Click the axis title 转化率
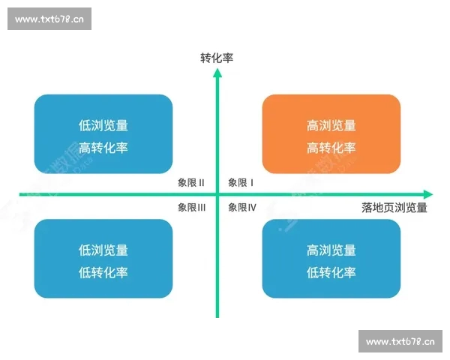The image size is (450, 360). (217, 57)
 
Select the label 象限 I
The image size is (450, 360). (241, 182)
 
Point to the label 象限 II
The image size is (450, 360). (191, 182)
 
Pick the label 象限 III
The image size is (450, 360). (192, 207)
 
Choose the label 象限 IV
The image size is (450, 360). (242, 207)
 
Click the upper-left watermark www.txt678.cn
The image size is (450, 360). (49, 19)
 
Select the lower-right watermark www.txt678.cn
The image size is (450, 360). (400, 342)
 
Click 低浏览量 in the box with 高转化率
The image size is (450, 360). (103, 125)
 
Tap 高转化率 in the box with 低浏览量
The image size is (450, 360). (103, 147)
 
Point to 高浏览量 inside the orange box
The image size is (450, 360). (331, 125)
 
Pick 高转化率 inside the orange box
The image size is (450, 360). (331, 147)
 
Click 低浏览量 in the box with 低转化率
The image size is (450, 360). (103, 250)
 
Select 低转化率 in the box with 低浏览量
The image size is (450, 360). (103, 272)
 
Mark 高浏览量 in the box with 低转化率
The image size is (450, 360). (331, 250)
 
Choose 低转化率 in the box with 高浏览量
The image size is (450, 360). (331, 272)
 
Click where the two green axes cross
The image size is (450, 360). (217, 194)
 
